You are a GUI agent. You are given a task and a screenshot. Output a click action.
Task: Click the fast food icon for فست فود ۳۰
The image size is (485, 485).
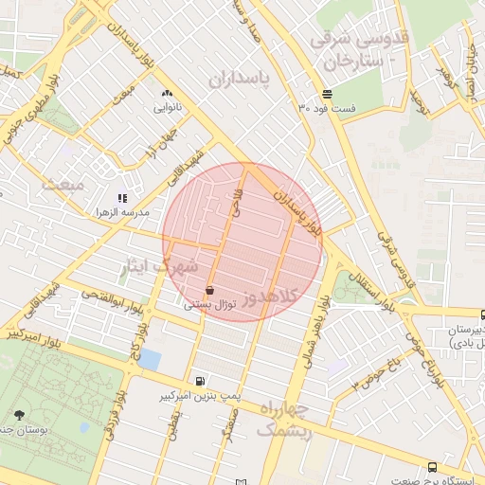pyautogui.click(x=327, y=94)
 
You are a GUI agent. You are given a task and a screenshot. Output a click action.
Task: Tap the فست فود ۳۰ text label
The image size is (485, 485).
pyautogui.click(x=327, y=108)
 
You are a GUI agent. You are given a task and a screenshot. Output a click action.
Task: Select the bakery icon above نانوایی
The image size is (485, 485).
pyautogui.click(x=168, y=94)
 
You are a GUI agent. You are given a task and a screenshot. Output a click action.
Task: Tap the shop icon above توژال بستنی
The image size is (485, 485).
pyautogui.click(x=209, y=290)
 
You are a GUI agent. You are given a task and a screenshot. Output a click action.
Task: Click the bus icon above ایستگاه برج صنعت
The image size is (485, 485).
pyautogui.click(x=433, y=466)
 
